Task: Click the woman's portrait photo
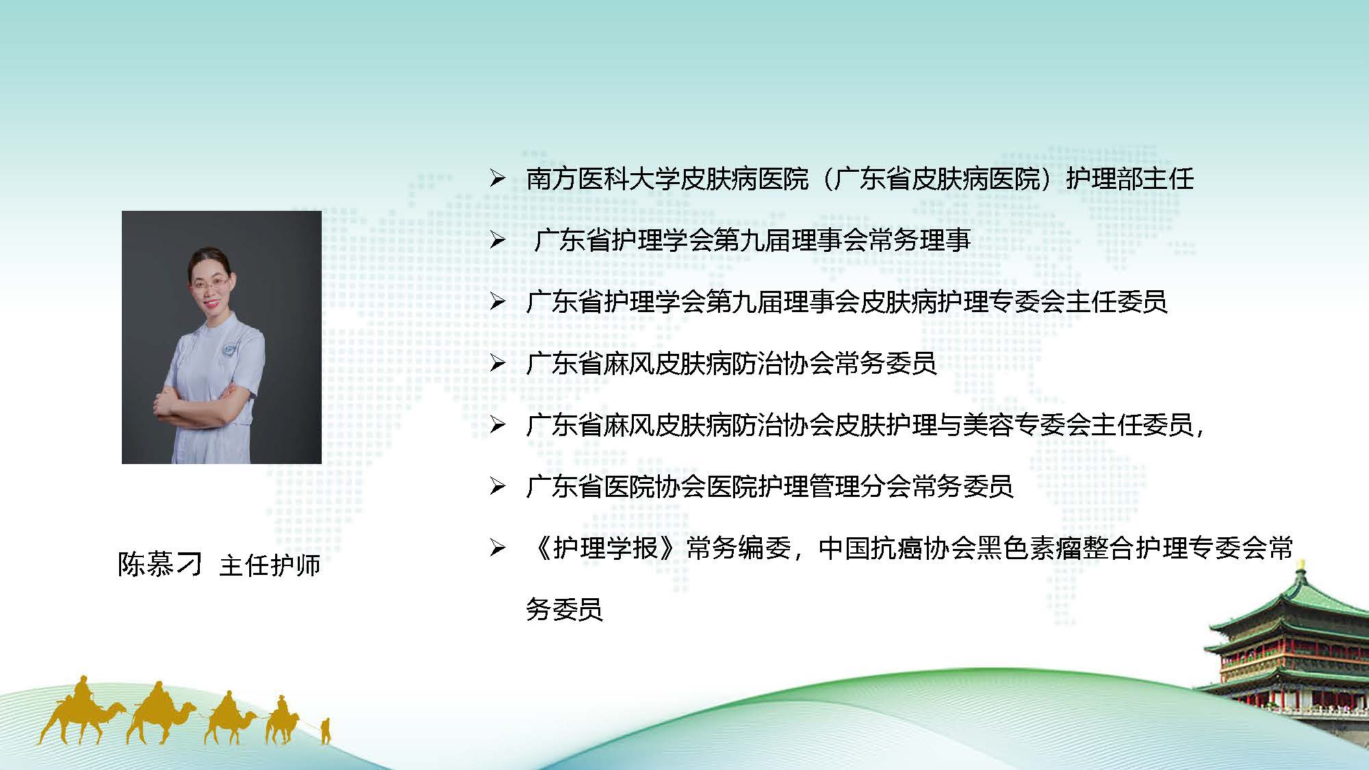click(x=222, y=337)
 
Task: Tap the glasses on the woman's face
click(x=207, y=286)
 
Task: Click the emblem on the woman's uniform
click(x=237, y=342)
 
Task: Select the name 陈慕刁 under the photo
click(x=160, y=565)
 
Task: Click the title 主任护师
click(x=270, y=565)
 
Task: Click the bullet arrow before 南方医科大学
click(x=497, y=179)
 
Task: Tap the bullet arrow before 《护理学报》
click(x=497, y=548)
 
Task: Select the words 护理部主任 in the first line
click(x=1130, y=179)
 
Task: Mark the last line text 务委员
click(x=565, y=609)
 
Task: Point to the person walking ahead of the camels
click(x=326, y=731)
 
